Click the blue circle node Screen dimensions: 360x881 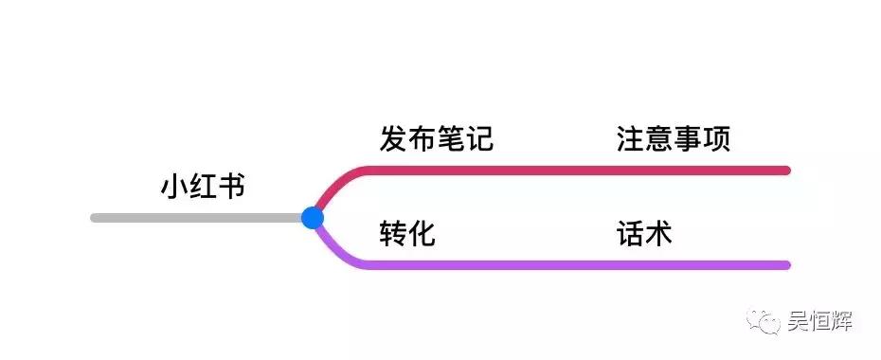[313, 218]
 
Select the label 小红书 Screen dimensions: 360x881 [203, 187]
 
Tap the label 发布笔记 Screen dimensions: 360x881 [436, 140]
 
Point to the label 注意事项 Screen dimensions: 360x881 [673, 140]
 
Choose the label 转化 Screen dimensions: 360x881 [407, 233]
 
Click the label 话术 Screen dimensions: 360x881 [644, 233]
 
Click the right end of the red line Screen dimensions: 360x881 [786, 171]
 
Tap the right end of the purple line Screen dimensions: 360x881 [786, 265]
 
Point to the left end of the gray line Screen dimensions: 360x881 [95, 218]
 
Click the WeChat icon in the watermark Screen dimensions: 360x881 [764, 322]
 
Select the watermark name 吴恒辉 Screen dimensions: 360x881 [820, 323]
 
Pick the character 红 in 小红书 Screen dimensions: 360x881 [203, 187]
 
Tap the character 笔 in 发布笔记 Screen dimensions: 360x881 [450, 140]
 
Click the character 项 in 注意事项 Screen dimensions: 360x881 [716, 140]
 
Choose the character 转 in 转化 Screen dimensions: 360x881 [393, 233]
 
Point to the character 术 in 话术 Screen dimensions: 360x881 [658, 233]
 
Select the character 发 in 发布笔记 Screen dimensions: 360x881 [393, 140]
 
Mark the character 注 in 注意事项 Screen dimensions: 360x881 [630, 140]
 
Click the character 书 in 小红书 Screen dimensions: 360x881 [231, 187]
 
